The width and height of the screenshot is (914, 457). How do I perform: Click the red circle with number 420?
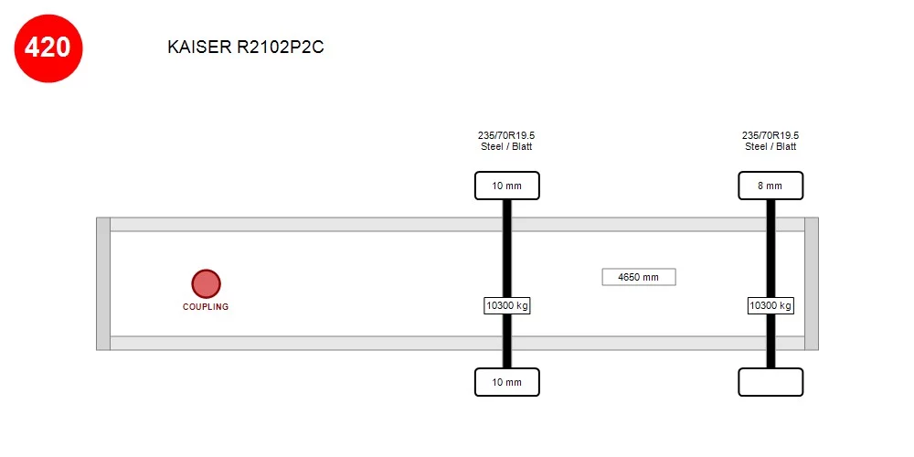[48, 48]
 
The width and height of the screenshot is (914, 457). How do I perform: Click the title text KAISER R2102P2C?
[245, 48]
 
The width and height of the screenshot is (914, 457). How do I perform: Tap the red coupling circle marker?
[206, 283]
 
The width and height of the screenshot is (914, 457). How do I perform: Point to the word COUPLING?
[206, 306]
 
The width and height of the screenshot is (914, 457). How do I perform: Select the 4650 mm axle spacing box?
[639, 277]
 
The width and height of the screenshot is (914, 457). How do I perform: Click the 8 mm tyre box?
[771, 186]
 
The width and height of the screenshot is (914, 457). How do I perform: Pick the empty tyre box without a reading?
[771, 382]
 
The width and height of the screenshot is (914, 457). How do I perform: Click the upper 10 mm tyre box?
[506, 186]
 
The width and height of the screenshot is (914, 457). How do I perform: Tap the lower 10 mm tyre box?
[506, 382]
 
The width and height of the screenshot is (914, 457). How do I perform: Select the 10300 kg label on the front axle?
[506, 305]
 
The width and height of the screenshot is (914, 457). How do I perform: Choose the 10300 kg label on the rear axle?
[771, 305]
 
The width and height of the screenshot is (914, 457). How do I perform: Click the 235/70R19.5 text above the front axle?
[506, 135]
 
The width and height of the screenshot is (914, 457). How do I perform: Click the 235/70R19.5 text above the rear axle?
[771, 135]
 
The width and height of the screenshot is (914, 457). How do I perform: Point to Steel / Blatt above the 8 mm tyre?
[771, 147]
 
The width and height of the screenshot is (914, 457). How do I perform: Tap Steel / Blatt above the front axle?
[506, 147]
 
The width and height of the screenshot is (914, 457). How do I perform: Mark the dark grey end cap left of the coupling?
[103, 284]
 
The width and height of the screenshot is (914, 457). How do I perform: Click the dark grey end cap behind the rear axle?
[812, 284]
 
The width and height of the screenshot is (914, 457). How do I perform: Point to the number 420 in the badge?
[48, 48]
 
